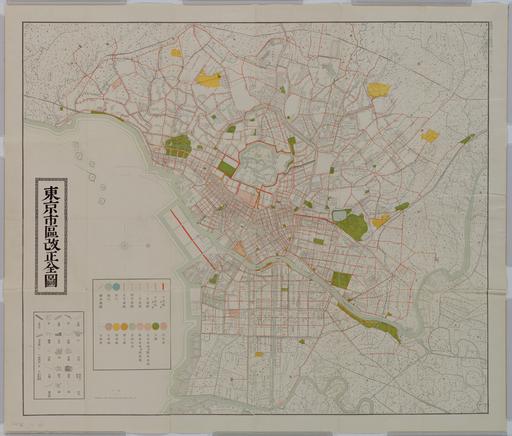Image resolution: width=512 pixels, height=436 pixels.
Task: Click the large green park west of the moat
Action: coord(178,146)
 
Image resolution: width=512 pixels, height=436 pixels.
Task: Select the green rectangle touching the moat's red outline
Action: coord(227,168)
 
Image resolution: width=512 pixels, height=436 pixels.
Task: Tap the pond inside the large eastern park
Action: coord(342,215)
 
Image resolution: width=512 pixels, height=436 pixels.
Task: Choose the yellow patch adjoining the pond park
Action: coord(380,221)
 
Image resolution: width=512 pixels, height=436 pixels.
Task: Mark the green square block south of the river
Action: coord(341,280)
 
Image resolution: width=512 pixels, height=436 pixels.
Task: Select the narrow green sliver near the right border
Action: coord(467,139)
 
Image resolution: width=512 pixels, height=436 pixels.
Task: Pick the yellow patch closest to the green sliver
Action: coord(429,135)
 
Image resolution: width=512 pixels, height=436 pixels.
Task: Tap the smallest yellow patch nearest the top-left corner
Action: coord(176,53)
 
